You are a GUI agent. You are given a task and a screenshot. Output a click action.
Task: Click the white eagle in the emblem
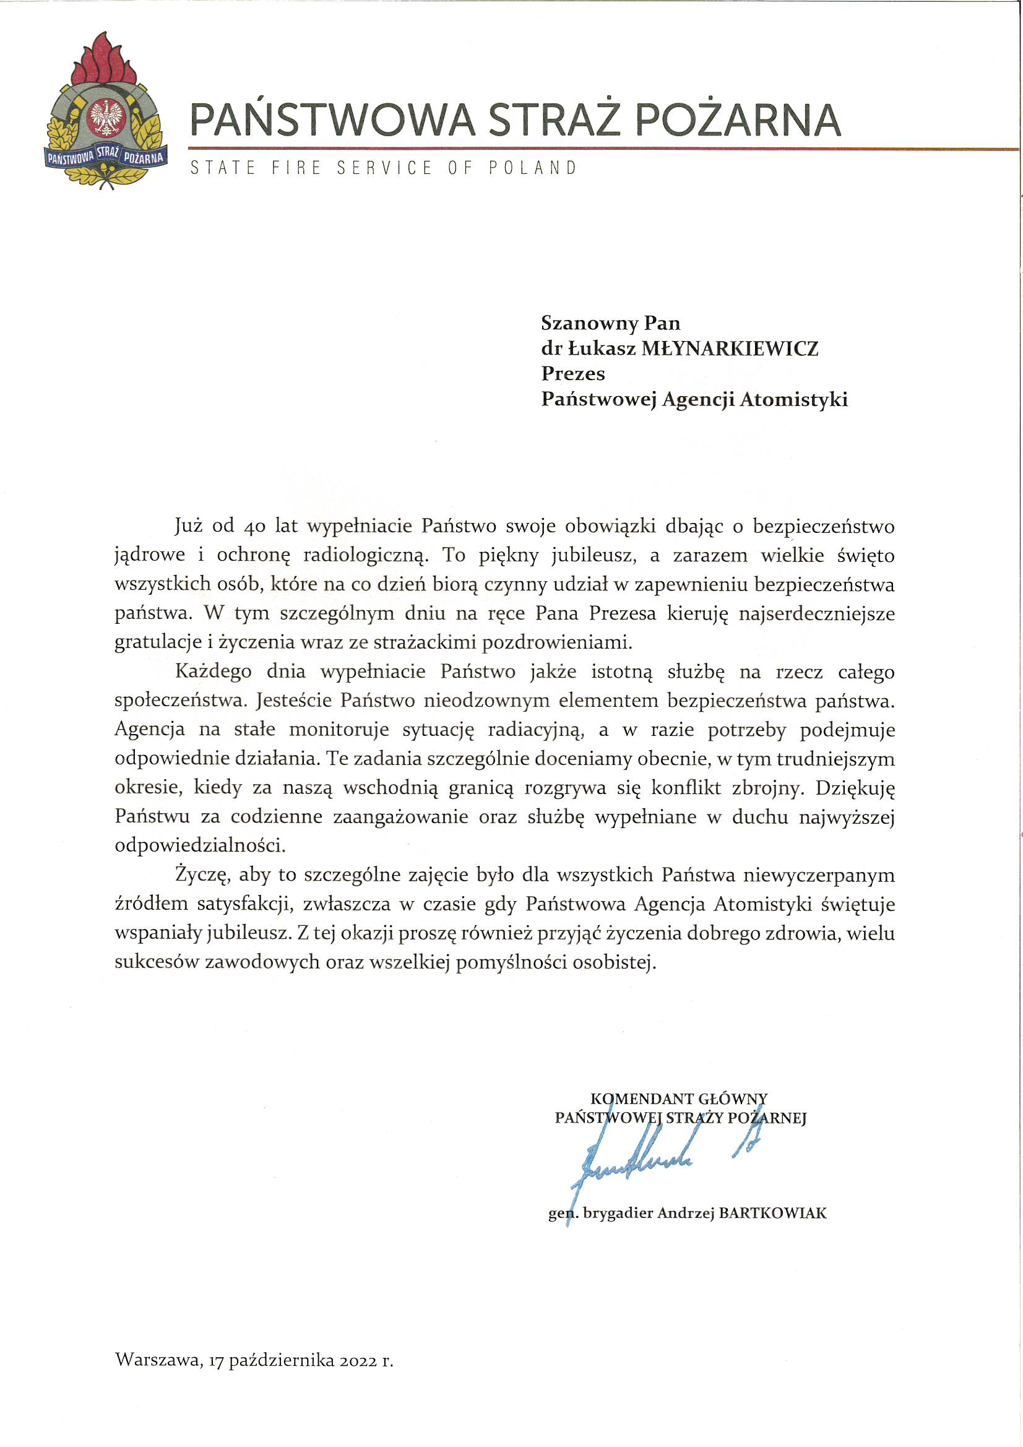click(106, 116)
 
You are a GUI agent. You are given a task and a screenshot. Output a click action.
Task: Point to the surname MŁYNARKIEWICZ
click(729, 348)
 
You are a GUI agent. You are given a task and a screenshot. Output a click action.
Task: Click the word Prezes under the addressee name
click(573, 374)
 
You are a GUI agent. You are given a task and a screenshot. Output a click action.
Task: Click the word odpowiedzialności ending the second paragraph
click(200, 847)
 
